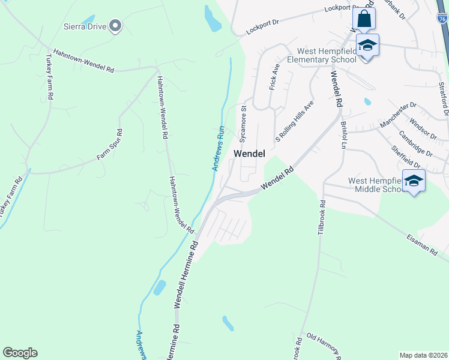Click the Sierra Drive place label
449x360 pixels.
tap(85, 26)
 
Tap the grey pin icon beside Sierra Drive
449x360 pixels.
tap(115, 25)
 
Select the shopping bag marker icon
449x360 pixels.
tap(364, 19)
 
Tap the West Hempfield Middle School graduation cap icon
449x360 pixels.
tap(414, 180)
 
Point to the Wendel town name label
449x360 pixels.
tap(249, 154)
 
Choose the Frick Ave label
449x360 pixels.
tap(275, 77)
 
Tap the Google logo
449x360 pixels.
tap(20, 353)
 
